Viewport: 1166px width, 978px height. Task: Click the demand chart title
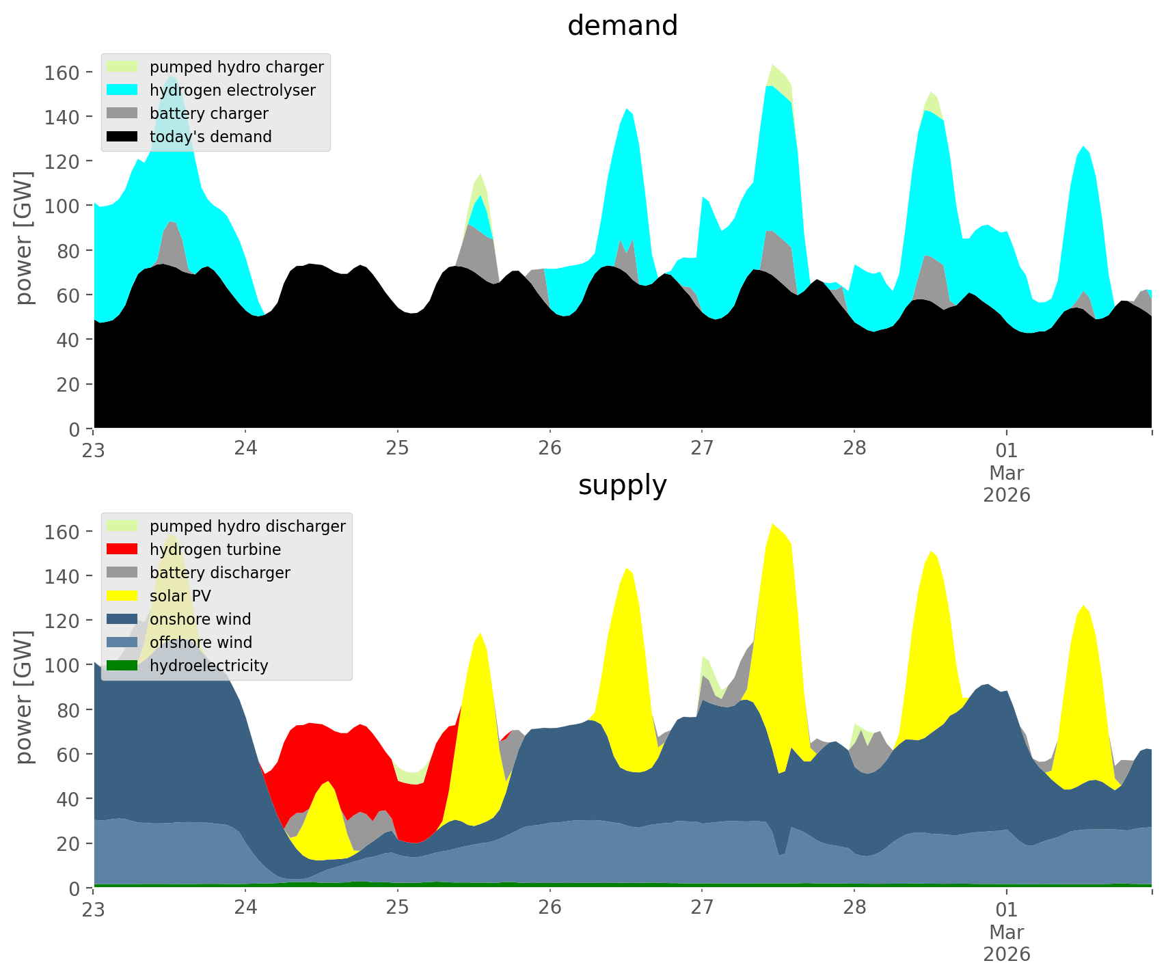(622, 26)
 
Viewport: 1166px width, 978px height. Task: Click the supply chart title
(622, 485)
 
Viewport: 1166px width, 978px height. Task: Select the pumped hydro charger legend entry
(236, 67)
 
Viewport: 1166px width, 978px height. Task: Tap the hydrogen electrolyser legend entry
(232, 90)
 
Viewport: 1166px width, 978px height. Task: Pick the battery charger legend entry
(208, 113)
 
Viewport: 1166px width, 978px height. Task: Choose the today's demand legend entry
(211, 137)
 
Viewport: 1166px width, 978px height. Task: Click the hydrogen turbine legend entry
(215, 549)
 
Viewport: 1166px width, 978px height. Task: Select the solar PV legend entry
(180, 596)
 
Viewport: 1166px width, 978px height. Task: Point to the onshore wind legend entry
(200, 619)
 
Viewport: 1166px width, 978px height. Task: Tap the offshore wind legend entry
(200, 642)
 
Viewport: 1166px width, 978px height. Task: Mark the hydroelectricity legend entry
(208, 666)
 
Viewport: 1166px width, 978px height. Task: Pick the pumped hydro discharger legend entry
(247, 526)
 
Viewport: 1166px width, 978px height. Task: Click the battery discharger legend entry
(219, 573)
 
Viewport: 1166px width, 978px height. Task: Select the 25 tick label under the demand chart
(397, 449)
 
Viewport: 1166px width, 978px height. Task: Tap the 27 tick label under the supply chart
(702, 908)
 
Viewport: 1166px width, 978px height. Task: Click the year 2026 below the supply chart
(1007, 954)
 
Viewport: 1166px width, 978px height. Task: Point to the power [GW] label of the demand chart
(24, 238)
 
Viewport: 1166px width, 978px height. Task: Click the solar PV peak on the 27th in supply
(772, 547)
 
